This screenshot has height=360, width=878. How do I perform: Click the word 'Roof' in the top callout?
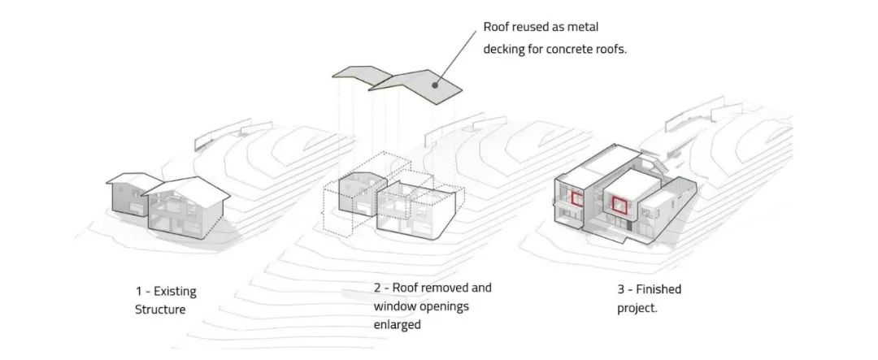(x=498, y=28)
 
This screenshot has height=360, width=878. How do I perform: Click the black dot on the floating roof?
(x=435, y=84)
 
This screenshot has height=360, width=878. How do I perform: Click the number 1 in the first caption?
(x=139, y=291)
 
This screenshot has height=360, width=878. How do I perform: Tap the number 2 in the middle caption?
(x=377, y=288)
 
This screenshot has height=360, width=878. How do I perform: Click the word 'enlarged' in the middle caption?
(x=398, y=324)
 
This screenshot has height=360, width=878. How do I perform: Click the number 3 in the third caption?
(x=621, y=289)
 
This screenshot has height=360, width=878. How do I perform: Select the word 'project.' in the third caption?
(x=638, y=308)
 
